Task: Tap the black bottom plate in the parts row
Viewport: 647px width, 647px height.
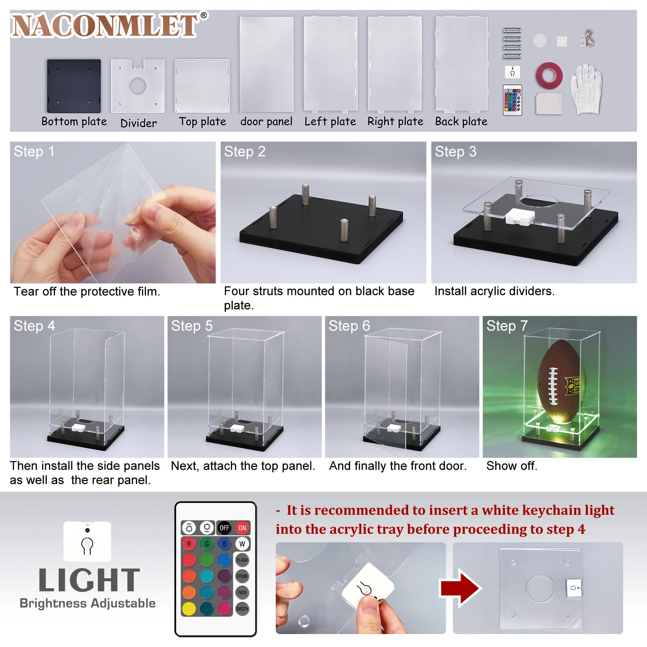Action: click(74, 86)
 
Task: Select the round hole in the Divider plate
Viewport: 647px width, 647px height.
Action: click(138, 85)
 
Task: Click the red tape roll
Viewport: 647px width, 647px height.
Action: click(550, 76)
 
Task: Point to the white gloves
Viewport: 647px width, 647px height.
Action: click(586, 89)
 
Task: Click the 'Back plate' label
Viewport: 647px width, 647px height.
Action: click(461, 121)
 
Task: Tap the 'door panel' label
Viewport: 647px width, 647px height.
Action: click(266, 121)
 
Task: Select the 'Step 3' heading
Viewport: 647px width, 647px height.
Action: click(455, 152)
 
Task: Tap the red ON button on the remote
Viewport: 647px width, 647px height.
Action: click(242, 528)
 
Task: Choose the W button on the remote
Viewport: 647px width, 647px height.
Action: click(242, 544)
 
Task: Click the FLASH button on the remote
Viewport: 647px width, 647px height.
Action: click(242, 560)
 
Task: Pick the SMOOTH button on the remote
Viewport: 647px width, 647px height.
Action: click(242, 609)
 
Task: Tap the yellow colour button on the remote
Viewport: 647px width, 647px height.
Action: click(189, 609)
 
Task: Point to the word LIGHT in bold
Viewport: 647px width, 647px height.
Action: click(89, 580)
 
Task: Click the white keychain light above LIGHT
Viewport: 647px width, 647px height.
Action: click(87, 541)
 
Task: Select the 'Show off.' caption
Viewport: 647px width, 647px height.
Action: click(512, 466)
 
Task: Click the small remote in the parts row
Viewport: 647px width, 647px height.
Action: click(512, 100)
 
